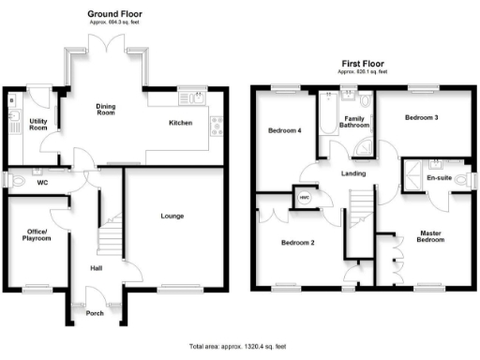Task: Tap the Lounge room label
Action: click(x=172, y=217)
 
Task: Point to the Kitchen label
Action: click(x=181, y=123)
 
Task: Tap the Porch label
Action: click(x=94, y=313)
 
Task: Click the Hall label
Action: click(x=96, y=267)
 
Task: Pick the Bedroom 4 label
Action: click(x=285, y=130)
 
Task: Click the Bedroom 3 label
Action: click(x=422, y=118)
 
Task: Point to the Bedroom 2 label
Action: click(x=297, y=243)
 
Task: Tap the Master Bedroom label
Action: click(x=431, y=236)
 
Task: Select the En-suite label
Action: click(x=438, y=177)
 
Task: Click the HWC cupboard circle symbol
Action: click(x=303, y=198)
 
